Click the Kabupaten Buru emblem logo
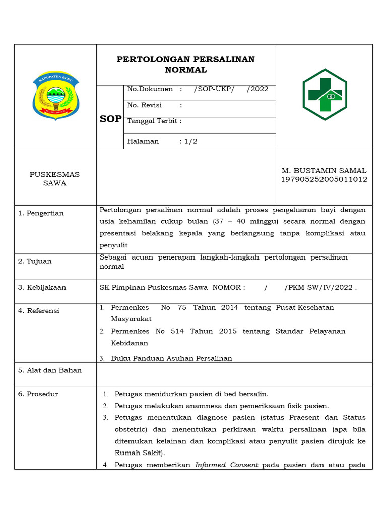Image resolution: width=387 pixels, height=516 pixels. pyautogui.click(x=55, y=96)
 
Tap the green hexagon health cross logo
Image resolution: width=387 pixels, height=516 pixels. pyautogui.click(x=325, y=94)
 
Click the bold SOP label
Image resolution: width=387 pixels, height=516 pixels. pyautogui.click(x=110, y=119)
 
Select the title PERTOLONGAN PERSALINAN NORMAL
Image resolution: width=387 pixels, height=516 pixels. pyautogui.click(x=185, y=64)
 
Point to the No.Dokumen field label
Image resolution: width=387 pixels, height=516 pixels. pyautogui.click(x=150, y=89)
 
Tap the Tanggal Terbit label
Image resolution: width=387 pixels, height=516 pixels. pyautogui.click(x=154, y=121)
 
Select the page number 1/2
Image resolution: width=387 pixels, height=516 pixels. pyautogui.click(x=190, y=141)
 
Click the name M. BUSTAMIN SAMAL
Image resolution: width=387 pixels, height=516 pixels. pyautogui.click(x=324, y=171)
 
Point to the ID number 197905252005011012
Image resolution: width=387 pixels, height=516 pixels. pyautogui.click(x=324, y=179)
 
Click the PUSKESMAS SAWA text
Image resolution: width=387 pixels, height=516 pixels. pyautogui.click(x=54, y=179)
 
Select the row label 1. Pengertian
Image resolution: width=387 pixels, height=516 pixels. pyautogui.click(x=41, y=213)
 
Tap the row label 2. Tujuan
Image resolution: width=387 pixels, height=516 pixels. pyautogui.click(x=35, y=261)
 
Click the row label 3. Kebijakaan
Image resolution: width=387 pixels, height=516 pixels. pyautogui.click(x=42, y=288)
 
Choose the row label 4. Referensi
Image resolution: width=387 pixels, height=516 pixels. pyautogui.click(x=39, y=311)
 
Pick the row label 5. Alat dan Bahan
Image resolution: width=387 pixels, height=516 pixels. pyautogui.click(x=50, y=370)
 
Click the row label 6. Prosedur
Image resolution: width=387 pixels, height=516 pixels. pyautogui.click(x=38, y=394)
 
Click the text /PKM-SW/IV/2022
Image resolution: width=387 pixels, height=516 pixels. pyautogui.click(x=318, y=288)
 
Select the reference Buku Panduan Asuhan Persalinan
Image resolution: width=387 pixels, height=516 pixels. pyautogui.click(x=171, y=358)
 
